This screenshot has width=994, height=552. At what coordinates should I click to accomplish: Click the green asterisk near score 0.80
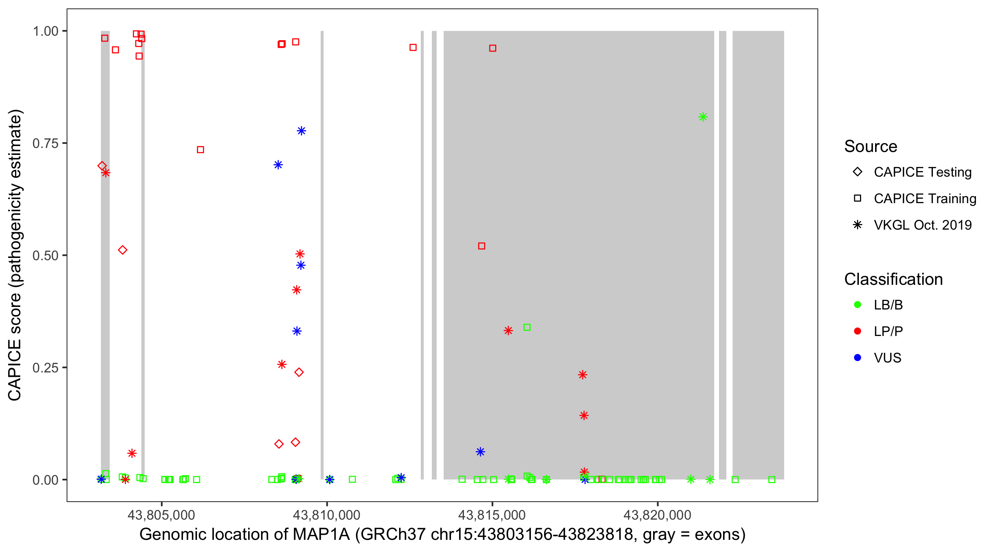click(703, 117)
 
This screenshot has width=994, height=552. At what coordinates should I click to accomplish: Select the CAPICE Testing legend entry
click(922, 172)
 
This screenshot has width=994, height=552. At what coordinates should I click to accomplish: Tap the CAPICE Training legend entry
click(924, 199)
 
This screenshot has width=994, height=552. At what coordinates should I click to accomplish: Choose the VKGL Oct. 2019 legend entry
click(922, 225)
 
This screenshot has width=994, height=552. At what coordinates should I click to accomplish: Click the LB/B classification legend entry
click(888, 305)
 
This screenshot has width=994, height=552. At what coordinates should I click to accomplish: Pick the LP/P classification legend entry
click(888, 331)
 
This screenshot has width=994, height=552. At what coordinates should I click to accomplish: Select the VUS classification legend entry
click(887, 358)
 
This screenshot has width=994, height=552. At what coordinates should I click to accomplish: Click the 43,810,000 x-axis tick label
click(327, 515)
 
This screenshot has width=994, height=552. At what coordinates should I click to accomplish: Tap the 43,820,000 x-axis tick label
click(657, 515)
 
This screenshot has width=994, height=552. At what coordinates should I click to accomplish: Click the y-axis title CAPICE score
click(15, 255)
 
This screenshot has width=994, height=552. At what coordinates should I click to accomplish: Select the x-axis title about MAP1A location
click(442, 535)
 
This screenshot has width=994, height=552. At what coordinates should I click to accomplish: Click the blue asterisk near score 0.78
click(302, 131)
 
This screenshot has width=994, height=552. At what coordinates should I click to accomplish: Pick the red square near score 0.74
click(200, 150)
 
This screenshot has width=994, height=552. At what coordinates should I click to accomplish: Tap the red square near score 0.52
click(482, 246)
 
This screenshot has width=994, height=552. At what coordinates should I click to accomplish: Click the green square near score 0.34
click(527, 328)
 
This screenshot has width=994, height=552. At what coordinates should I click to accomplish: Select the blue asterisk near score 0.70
click(278, 165)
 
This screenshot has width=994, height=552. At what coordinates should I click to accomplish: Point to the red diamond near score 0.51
click(122, 250)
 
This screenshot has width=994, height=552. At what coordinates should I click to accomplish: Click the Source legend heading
click(871, 146)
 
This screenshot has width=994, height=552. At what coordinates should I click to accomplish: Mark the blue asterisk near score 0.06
click(480, 452)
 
